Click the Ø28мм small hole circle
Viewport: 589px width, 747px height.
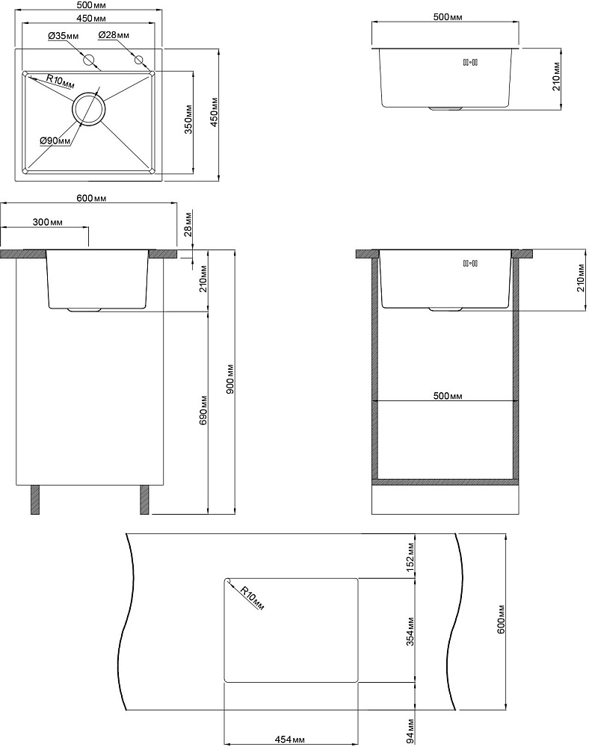[x=139, y=60]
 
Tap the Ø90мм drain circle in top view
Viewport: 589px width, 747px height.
[x=87, y=108]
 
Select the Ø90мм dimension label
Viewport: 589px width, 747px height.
[x=55, y=140]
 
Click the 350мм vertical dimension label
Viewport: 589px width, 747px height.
[x=188, y=119]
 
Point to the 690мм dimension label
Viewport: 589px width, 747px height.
[x=203, y=411]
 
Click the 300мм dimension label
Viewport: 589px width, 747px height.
[x=47, y=222]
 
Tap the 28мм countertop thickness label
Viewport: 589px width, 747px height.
[x=188, y=224]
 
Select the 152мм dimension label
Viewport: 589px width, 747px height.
[x=410, y=557]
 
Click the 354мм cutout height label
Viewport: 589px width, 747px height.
[x=410, y=631]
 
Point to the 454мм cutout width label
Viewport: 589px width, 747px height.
[x=290, y=740]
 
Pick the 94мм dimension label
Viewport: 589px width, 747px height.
[x=410, y=731]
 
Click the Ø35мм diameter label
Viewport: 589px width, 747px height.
[x=63, y=36]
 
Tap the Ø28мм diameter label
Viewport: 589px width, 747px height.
[x=114, y=35]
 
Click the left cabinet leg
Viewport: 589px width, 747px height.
[x=35, y=499]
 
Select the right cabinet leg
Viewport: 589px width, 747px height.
[x=144, y=499]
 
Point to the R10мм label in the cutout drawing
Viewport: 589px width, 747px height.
[x=251, y=598]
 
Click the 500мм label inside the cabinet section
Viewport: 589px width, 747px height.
[x=448, y=395]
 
